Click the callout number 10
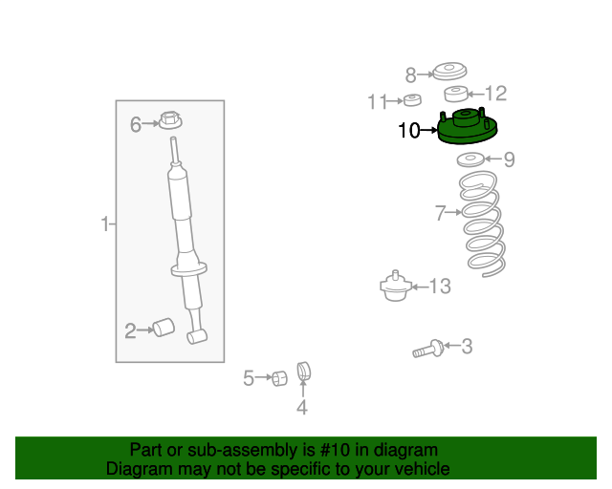pos(408,131)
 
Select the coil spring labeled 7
pos(482,223)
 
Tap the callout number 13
pos(439,286)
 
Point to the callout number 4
pos(301,409)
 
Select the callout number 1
pos(105,224)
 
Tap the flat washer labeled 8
pos(448,70)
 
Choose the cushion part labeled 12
pos(457,94)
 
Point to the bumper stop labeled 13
pos(394,285)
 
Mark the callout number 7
pos(440,214)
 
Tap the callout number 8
pos(411,74)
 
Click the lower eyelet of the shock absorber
pos(199,336)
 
